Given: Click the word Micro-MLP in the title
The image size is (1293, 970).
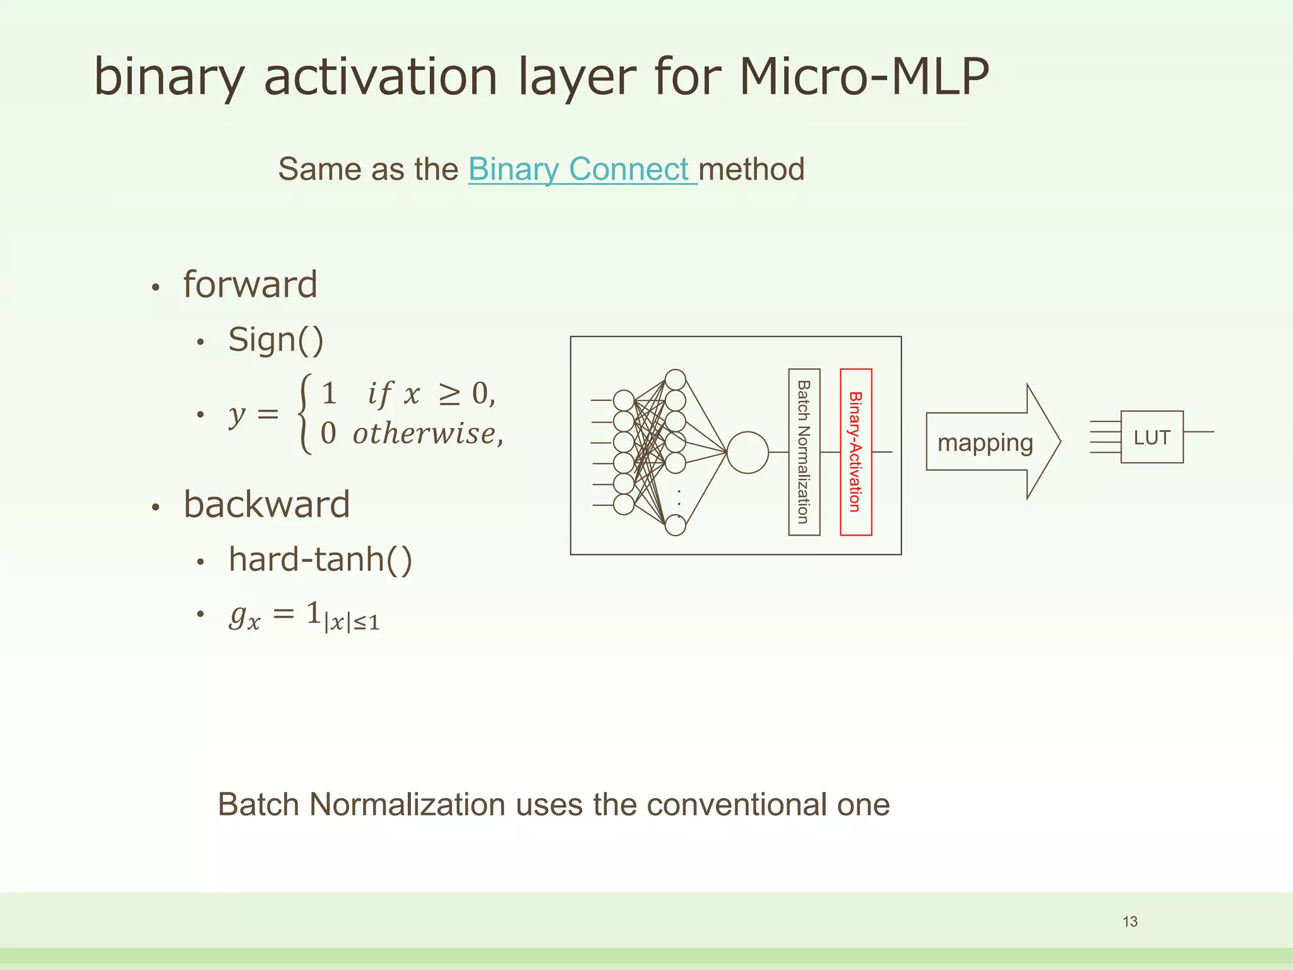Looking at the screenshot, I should tap(863, 77).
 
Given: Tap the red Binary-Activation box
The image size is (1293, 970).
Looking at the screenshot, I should tap(855, 452).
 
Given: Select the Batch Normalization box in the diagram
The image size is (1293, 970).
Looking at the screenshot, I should tap(804, 452).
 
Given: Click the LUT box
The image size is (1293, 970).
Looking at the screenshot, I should tap(1152, 437).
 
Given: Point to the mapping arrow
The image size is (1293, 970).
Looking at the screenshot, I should tap(991, 442).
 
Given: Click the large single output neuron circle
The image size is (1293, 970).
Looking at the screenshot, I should tap(748, 452).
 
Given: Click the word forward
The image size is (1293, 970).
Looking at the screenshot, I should tap(250, 284).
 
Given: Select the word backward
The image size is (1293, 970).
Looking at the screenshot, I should tap(266, 504).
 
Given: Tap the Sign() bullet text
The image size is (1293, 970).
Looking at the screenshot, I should tap(276, 340).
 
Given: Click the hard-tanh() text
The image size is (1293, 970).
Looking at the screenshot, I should tap(320, 560).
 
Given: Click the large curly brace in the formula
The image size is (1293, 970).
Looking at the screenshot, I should tap(306, 414).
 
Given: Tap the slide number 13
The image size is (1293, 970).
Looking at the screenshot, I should tap(1129, 921).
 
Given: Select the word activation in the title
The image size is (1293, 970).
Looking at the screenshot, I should tap(381, 77).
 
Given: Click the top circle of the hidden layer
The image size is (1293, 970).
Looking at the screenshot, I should tap(676, 380).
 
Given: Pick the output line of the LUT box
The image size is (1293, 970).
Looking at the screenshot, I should tap(1198, 432).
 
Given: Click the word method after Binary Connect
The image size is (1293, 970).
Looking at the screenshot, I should tap(751, 169).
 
